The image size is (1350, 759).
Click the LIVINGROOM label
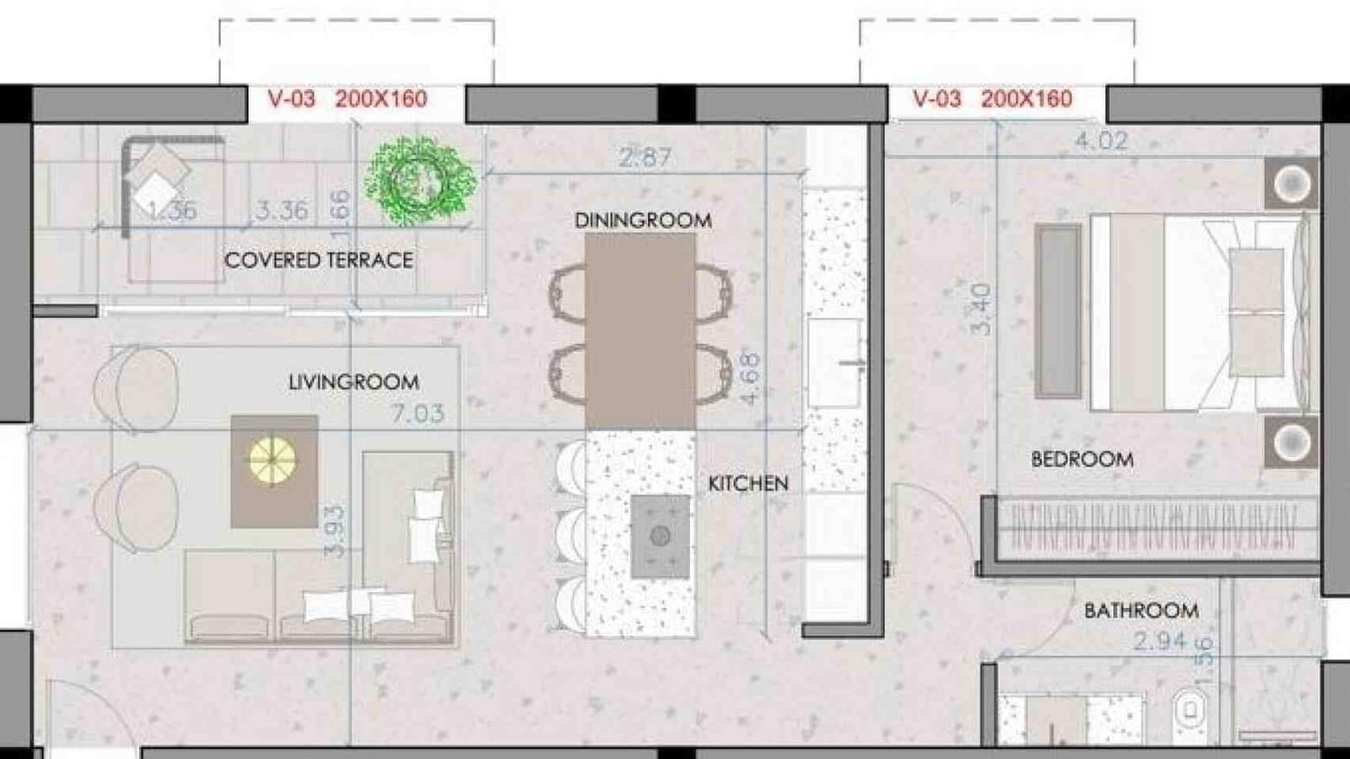click(x=354, y=382)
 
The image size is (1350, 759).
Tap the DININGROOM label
click(x=643, y=220)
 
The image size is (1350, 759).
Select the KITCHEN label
click(x=748, y=483)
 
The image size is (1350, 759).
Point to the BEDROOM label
click(x=1082, y=460)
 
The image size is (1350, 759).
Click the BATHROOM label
click(x=1141, y=610)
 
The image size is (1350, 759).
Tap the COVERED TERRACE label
click(x=319, y=260)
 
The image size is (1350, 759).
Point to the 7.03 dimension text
click(x=417, y=413)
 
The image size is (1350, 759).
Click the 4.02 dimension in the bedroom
click(x=1101, y=141)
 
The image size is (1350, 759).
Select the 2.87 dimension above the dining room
click(x=645, y=157)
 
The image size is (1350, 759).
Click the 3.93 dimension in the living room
click(x=335, y=531)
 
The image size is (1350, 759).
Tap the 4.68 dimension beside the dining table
click(x=749, y=379)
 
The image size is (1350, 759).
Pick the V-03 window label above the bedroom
click(x=937, y=99)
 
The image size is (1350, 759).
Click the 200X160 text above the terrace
click(x=381, y=99)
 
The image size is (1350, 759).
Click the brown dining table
click(x=640, y=331)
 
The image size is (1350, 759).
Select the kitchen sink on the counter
click(x=836, y=363)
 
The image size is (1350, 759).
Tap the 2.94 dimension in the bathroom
click(x=1159, y=642)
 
